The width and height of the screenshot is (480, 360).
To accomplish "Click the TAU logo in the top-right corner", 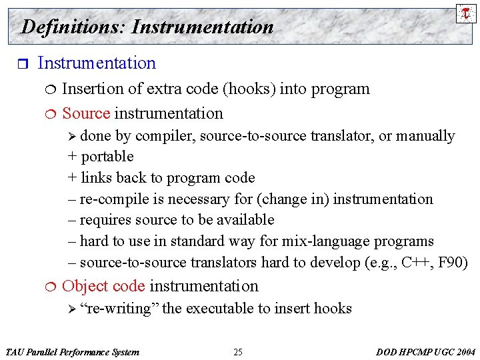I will [x=466, y=13].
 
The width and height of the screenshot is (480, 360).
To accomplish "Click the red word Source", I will [x=86, y=113].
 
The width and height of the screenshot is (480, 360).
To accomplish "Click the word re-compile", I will [x=111, y=199].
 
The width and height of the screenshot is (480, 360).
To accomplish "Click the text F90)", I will [x=453, y=263].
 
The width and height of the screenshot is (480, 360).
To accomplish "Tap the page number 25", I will [x=238, y=352].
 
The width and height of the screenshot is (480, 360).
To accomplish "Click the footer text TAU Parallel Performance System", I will [x=72, y=352].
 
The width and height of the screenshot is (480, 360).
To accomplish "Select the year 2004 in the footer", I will [x=464, y=352].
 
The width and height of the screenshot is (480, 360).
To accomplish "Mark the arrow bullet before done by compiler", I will [x=73, y=137].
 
